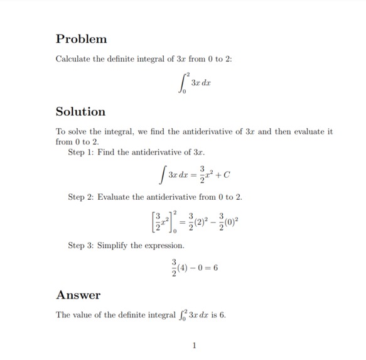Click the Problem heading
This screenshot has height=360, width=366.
click(x=81, y=39)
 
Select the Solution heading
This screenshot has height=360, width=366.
click(x=80, y=112)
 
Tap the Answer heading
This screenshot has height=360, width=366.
click(x=78, y=295)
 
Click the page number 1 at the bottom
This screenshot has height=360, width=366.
click(x=195, y=345)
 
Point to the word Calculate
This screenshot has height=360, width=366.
click(x=75, y=59)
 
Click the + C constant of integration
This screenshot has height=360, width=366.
click(x=229, y=173)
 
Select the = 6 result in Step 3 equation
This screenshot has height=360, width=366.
click(x=211, y=268)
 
